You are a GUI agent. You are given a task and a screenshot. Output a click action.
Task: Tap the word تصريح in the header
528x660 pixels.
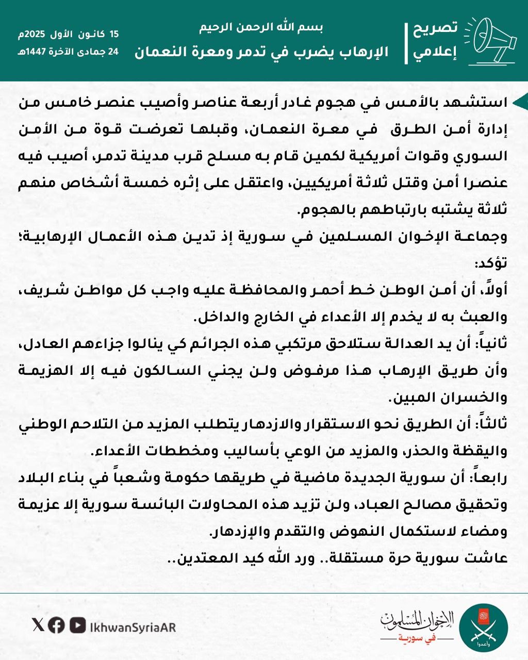point(436,28)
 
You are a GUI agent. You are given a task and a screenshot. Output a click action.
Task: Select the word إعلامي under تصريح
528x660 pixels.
point(436,53)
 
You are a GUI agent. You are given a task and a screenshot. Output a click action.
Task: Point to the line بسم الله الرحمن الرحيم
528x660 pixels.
point(261,28)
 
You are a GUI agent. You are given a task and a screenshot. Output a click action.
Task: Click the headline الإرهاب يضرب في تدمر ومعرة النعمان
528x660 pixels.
point(261,52)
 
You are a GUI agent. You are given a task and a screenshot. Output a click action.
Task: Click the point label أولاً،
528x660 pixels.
point(493,291)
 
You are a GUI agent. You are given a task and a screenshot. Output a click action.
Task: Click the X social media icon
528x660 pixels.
point(38,625)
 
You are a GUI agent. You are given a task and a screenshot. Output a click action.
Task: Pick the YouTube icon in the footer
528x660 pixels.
point(78,625)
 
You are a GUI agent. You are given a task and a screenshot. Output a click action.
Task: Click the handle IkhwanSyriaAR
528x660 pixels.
point(133,626)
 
